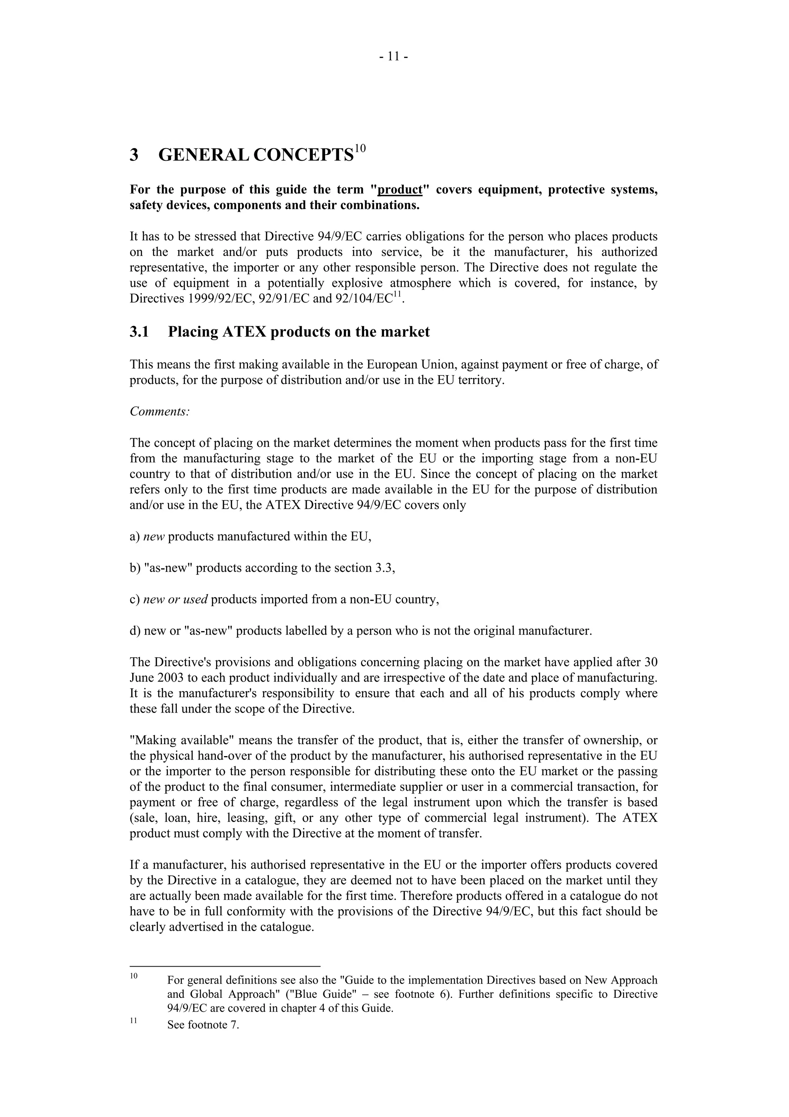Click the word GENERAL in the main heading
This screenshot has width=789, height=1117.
point(204,155)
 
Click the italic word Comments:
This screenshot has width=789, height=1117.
point(159,411)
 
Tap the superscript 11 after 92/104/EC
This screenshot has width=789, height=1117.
point(398,294)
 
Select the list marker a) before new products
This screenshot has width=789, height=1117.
point(135,537)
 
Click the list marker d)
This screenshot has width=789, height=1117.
point(135,631)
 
